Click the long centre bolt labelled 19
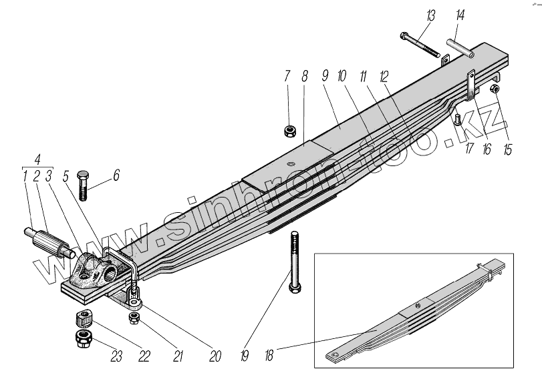tap(294, 260)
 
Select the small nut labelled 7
tap(289, 129)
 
